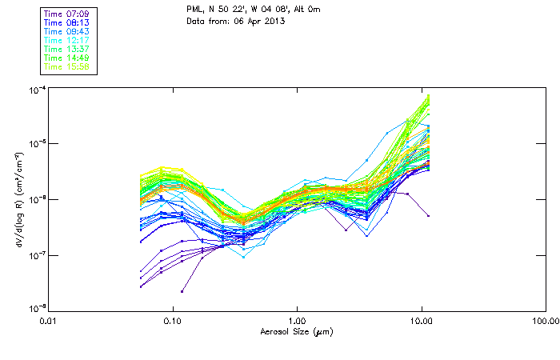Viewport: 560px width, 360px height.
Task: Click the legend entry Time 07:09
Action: [66, 13]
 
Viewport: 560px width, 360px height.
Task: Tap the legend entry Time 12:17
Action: [66, 40]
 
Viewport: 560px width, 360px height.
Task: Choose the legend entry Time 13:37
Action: [66, 49]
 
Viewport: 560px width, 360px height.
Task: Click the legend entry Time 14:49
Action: [66, 58]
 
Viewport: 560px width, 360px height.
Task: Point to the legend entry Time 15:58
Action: [66, 66]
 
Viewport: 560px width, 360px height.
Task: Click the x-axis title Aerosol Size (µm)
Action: [297, 331]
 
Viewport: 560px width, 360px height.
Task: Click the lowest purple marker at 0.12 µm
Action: [182, 290]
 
